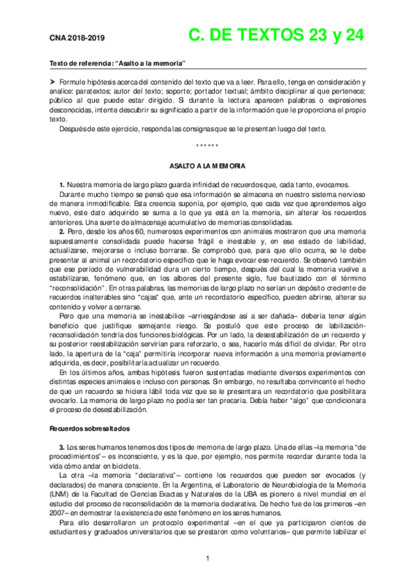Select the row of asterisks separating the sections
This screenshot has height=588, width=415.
[207, 146]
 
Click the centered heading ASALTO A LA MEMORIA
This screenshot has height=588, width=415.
[207, 167]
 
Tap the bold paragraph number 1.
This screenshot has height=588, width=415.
[62, 184]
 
